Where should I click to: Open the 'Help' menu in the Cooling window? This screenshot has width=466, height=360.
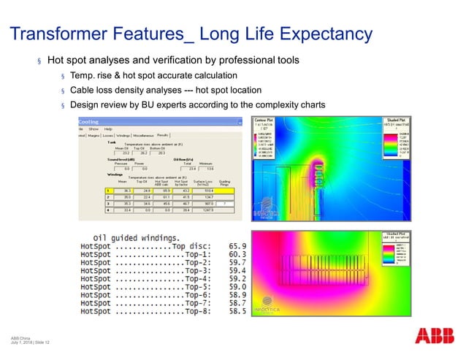(x=109, y=129)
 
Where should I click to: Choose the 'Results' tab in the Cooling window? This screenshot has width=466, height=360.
(x=163, y=135)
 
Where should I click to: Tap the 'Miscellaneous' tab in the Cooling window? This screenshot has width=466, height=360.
(x=143, y=135)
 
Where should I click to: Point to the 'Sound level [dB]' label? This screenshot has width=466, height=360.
(x=99, y=160)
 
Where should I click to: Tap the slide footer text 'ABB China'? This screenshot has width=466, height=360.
(x=20, y=338)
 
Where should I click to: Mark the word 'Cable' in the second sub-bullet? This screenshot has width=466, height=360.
(x=83, y=89)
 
